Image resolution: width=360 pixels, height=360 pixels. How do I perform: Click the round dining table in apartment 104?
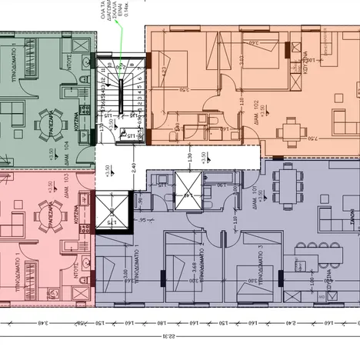[44, 121]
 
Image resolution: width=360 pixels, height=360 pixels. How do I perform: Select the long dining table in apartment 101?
[285, 186]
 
